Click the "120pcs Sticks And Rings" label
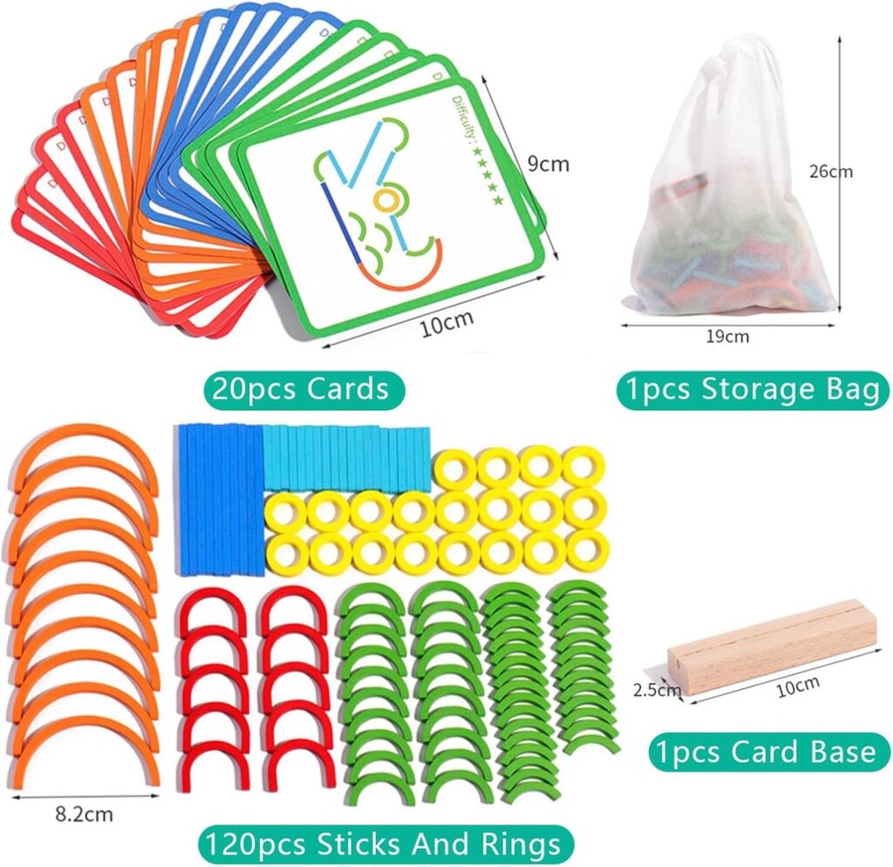387,844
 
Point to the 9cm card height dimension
548,164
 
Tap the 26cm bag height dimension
829,171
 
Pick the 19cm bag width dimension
726,336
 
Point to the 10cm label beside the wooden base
798,683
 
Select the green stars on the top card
489,178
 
